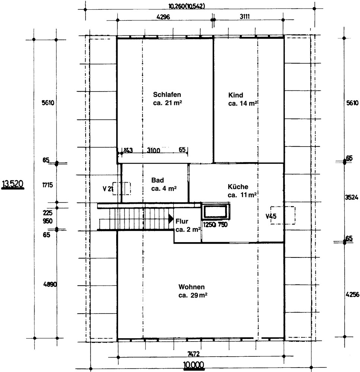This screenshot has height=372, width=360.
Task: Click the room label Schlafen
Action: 167,94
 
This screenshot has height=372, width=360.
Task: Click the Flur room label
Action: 182,221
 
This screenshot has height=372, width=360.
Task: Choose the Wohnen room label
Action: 191,287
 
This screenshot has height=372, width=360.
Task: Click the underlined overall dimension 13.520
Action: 13,184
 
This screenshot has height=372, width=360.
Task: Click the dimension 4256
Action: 352,294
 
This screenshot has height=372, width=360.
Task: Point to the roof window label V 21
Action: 108,189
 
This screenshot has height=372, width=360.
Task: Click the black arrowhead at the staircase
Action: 171,219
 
